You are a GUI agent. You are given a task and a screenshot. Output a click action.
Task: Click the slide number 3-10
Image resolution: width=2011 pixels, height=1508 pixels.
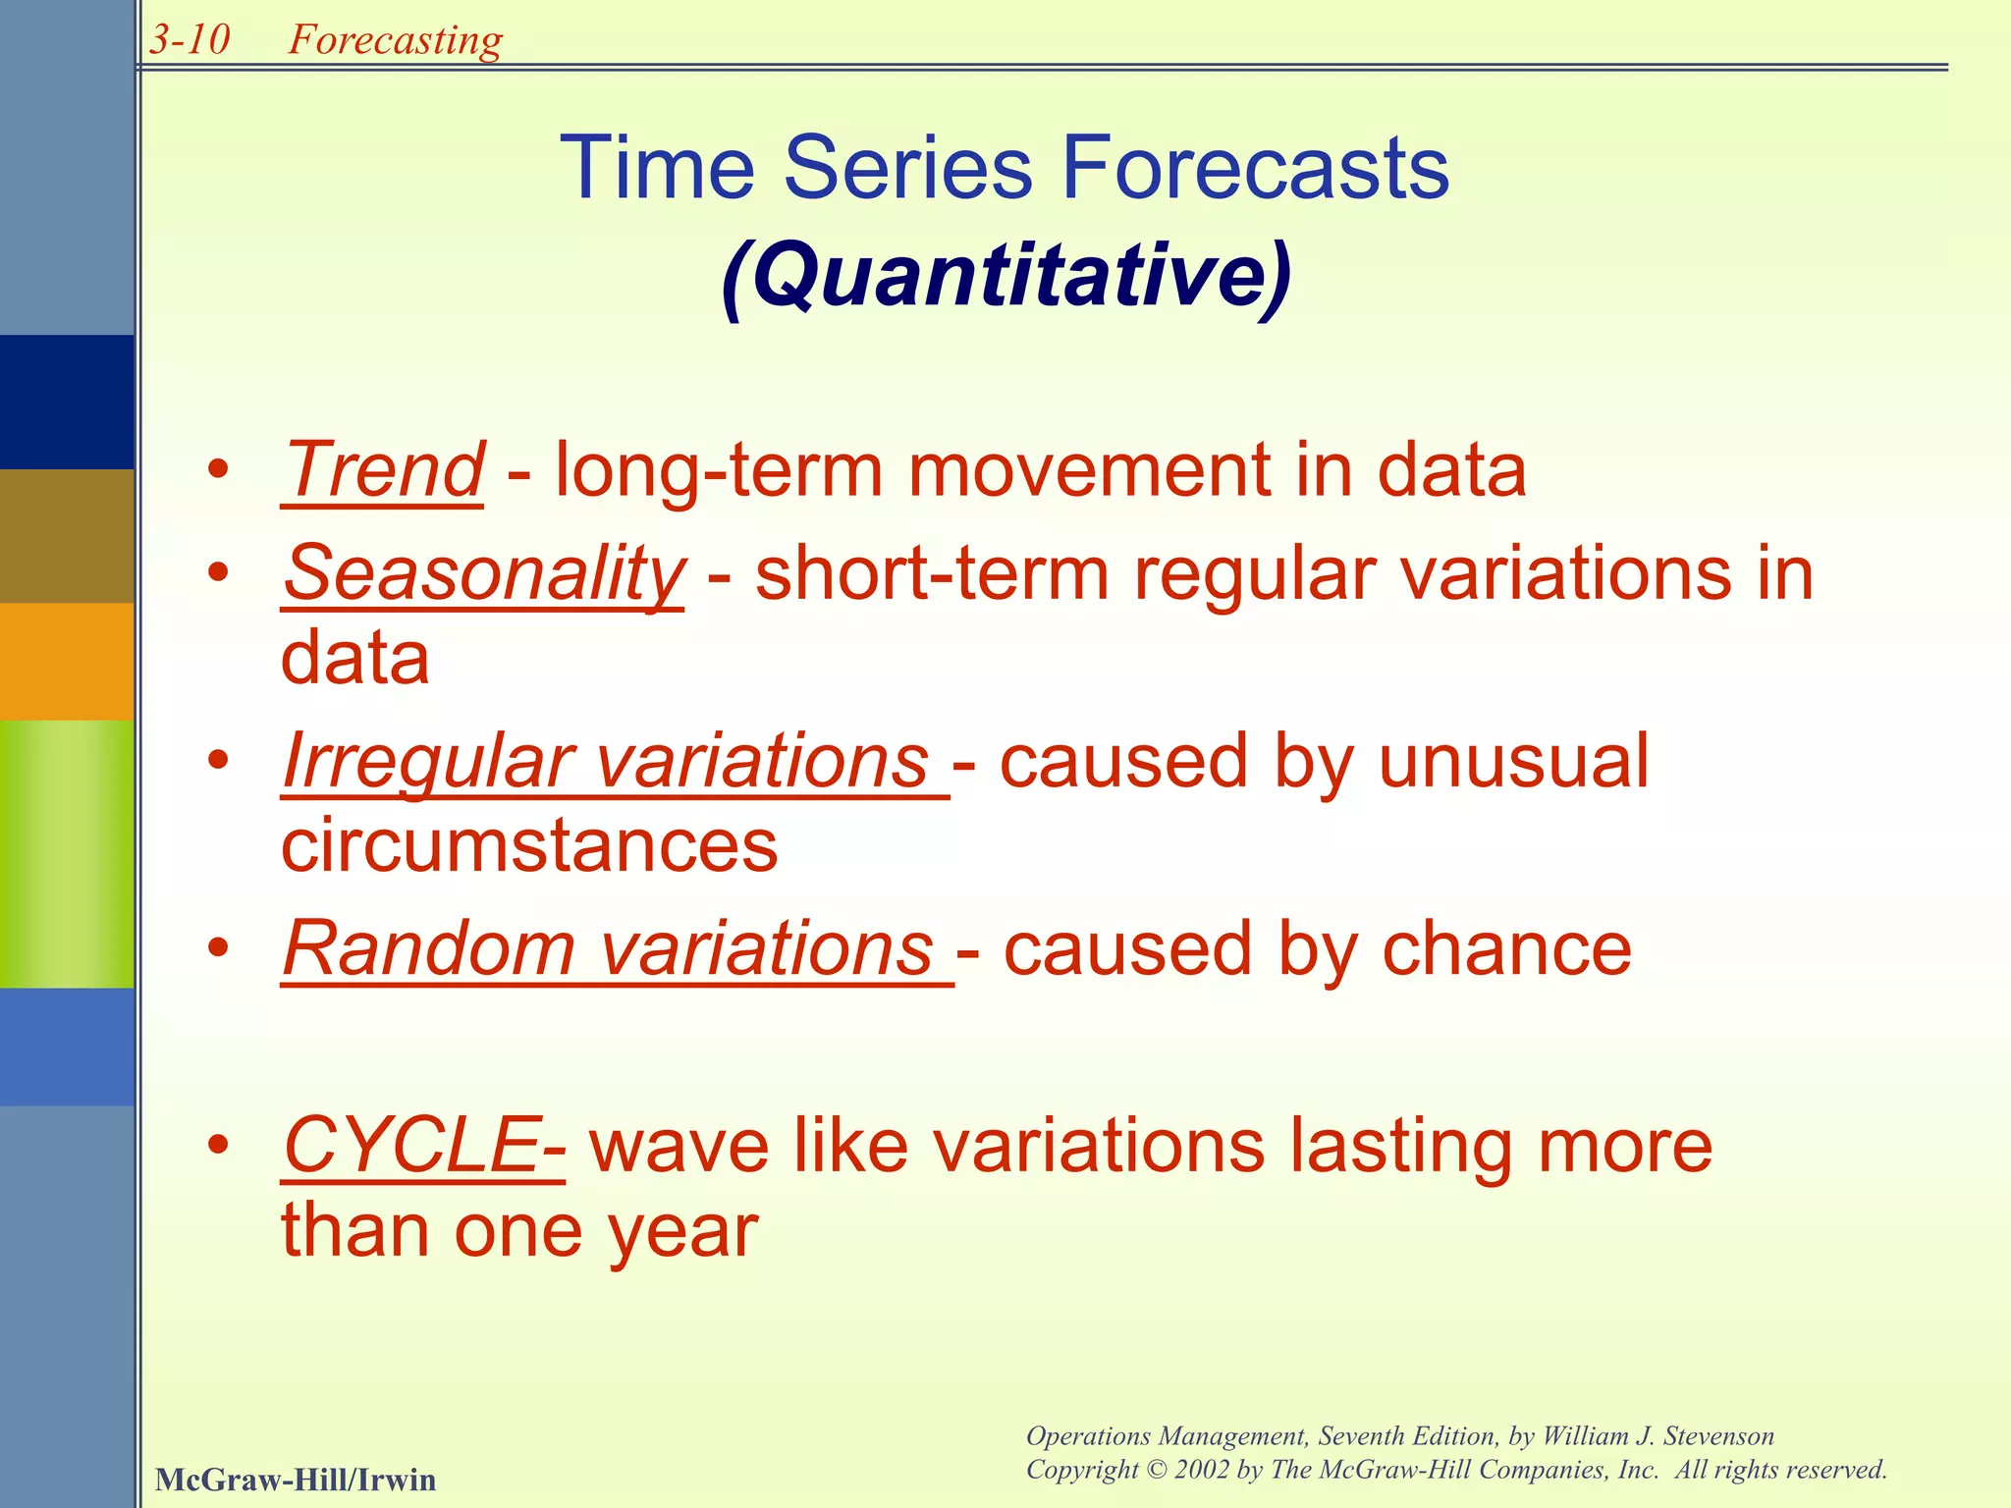[x=190, y=40]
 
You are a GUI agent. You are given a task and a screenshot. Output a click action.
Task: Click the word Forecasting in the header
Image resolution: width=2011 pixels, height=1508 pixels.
[x=395, y=40]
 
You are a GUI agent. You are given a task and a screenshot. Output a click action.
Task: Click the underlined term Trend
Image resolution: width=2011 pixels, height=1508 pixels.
[x=383, y=470]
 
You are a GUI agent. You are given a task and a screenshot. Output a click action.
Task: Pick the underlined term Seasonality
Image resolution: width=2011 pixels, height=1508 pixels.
[x=483, y=574]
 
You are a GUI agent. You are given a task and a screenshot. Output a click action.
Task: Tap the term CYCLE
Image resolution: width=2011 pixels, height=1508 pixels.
[x=410, y=1146]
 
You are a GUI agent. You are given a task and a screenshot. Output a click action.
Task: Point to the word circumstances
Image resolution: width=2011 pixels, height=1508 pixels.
[x=529, y=846]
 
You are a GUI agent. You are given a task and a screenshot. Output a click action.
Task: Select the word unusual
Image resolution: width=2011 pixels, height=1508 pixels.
[x=1513, y=762]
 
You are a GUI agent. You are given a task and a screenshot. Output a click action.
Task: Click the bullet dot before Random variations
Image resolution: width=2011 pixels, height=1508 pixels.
[x=219, y=948]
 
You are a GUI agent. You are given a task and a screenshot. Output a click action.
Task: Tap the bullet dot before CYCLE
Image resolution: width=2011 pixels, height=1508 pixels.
[x=219, y=1145]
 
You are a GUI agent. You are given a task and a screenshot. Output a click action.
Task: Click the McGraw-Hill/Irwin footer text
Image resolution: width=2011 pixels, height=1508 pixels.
[x=296, y=1480]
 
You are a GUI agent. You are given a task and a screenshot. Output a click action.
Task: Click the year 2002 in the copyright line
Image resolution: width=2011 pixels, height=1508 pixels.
[x=1201, y=1470]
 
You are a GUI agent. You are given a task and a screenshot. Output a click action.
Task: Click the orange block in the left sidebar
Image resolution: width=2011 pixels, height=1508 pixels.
[x=67, y=662]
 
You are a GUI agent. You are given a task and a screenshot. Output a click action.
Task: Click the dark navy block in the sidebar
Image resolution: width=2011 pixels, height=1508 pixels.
[x=67, y=402]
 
